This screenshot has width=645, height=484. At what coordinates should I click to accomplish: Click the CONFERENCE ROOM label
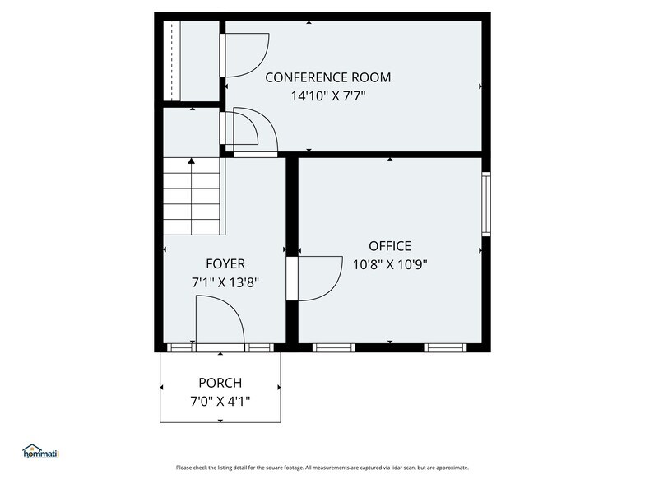(x=327, y=78)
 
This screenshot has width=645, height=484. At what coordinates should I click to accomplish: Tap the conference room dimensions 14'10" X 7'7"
(x=327, y=95)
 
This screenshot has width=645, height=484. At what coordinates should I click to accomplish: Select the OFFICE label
(x=389, y=246)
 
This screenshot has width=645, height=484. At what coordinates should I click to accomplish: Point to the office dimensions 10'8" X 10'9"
(x=389, y=264)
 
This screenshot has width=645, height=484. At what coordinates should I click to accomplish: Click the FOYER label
(x=225, y=264)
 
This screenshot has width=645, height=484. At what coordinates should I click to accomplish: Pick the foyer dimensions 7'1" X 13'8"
(x=225, y=282)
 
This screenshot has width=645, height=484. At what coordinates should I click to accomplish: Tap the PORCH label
(x=220, y=383)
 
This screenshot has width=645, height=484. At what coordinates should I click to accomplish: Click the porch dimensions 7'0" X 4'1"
(x=220, y=401)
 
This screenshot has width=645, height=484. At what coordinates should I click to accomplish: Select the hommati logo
(x=41, y=451)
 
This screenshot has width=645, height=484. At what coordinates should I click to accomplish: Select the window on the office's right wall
(x=486, y=202)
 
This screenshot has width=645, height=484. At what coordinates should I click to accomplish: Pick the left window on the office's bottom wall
(x=334, y=347)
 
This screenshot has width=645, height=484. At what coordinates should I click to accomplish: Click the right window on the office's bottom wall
(x=445, y=347)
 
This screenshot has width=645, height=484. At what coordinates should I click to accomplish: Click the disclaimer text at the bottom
(x=322, y=468)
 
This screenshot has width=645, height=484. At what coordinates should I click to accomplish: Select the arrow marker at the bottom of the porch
(x=220, y=421)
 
